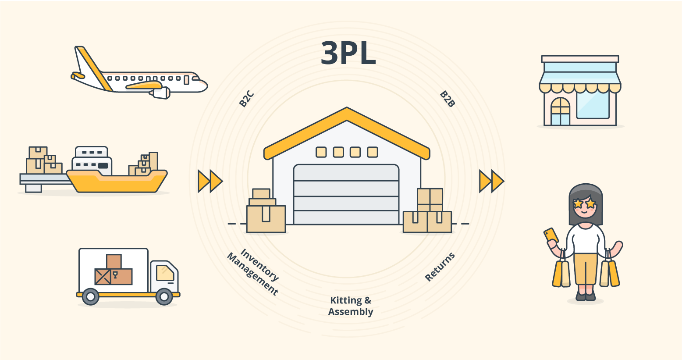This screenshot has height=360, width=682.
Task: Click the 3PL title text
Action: [348, 53]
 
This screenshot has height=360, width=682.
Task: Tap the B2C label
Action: [246, 99]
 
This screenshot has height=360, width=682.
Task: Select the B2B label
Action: [448, 99]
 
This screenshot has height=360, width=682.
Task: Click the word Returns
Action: [440, 267]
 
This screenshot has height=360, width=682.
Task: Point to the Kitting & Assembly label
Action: [351, 306]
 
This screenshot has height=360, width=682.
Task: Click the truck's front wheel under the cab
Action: [164, 297]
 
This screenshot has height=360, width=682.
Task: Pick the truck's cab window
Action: [165, 273]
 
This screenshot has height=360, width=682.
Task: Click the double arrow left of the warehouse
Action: [210, 181]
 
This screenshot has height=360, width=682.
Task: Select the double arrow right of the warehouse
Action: [491, 181]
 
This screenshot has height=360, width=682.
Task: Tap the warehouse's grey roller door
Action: [346, 195]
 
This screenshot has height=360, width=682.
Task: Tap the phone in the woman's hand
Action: [551, 235]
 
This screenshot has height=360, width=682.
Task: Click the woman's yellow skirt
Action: [586, 268]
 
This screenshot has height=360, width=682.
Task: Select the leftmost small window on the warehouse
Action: [321, 152]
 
